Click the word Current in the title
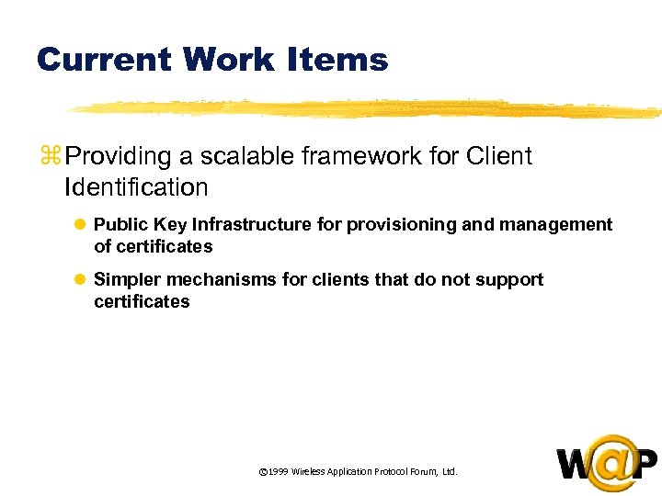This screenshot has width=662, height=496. pyautogui.click(x=103, y=61)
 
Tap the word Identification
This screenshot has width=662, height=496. pyautogui.click(x=136, y=187)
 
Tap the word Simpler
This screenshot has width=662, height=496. pyautogui.click(x=127, y=279)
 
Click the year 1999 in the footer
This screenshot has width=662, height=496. pyautogui.click(x=278, y=472)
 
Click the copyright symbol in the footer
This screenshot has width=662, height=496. pyautogui.click(x=263, y=472)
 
